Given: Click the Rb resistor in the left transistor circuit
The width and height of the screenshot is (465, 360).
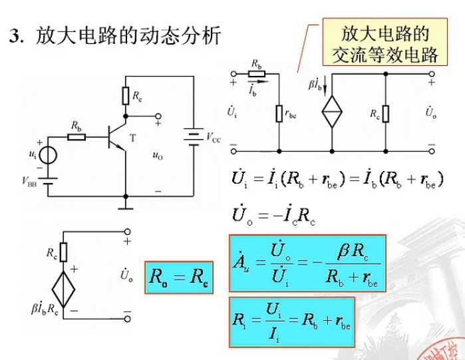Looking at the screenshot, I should [77, 138].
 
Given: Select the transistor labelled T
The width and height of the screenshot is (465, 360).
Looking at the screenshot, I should [116, 137].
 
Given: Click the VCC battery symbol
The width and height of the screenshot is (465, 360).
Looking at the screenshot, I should [193, 137].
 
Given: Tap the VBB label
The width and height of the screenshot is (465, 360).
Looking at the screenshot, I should [31, 181].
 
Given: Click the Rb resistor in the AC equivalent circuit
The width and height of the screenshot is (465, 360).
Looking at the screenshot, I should [257, 74].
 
